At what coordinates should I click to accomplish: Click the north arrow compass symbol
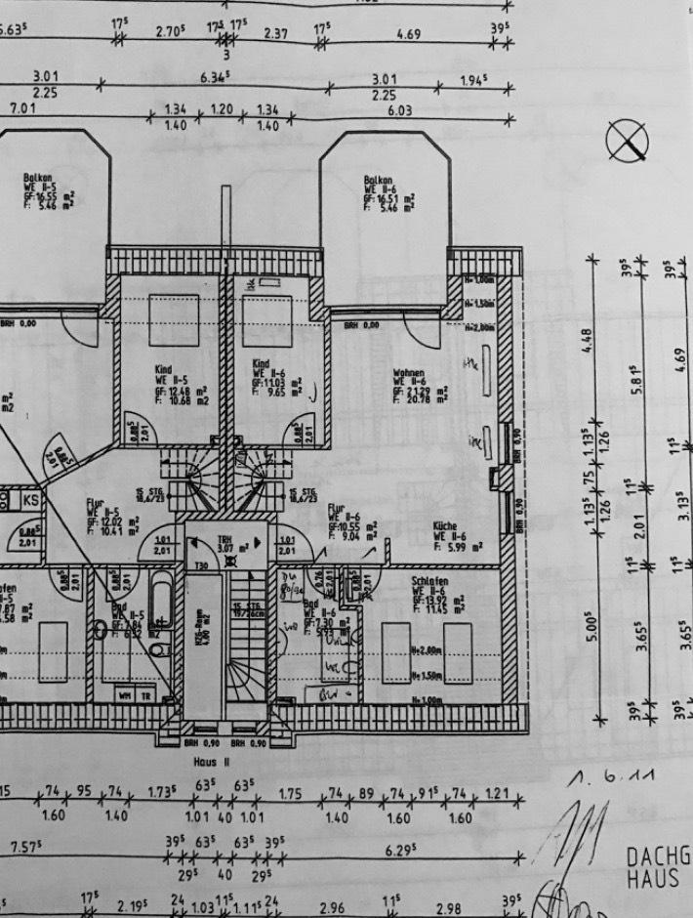(627, 143)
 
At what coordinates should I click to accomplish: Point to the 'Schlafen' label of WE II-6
(428, 579)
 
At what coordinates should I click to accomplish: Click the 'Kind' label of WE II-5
(163, 370)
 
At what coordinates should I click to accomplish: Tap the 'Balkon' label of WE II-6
(378, 181)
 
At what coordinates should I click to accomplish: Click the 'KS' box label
(31, 500)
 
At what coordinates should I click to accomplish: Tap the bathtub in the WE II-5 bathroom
(162, 599)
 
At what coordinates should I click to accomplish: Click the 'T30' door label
(201, 566)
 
